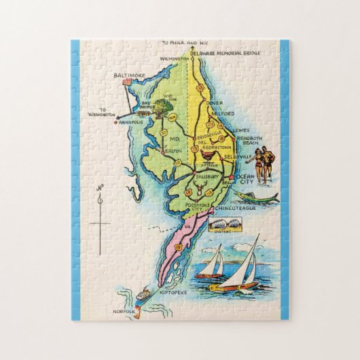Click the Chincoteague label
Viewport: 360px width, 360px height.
point(240,209)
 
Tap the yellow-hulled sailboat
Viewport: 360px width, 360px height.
point(238,268)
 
